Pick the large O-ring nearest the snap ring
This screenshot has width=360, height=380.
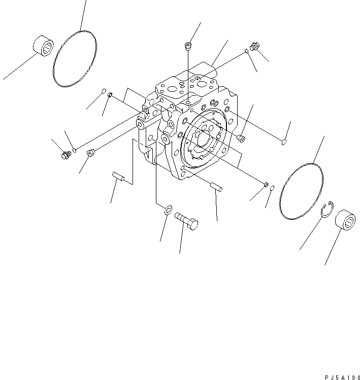point(301,191)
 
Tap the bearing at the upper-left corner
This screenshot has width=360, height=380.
point(44,46)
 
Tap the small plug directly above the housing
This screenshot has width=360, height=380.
point(188,47)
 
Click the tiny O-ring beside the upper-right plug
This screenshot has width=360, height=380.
point(246,51)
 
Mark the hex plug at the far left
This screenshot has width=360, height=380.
point(64,155)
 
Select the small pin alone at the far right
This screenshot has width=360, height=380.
point(284,143)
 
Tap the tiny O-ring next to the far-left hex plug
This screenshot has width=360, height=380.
point(75,149)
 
